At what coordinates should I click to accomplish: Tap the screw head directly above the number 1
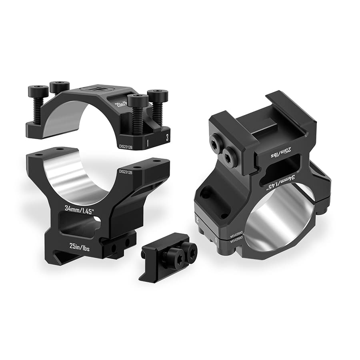coord(138,100)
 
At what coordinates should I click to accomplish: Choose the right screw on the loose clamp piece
coord(190,251)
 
